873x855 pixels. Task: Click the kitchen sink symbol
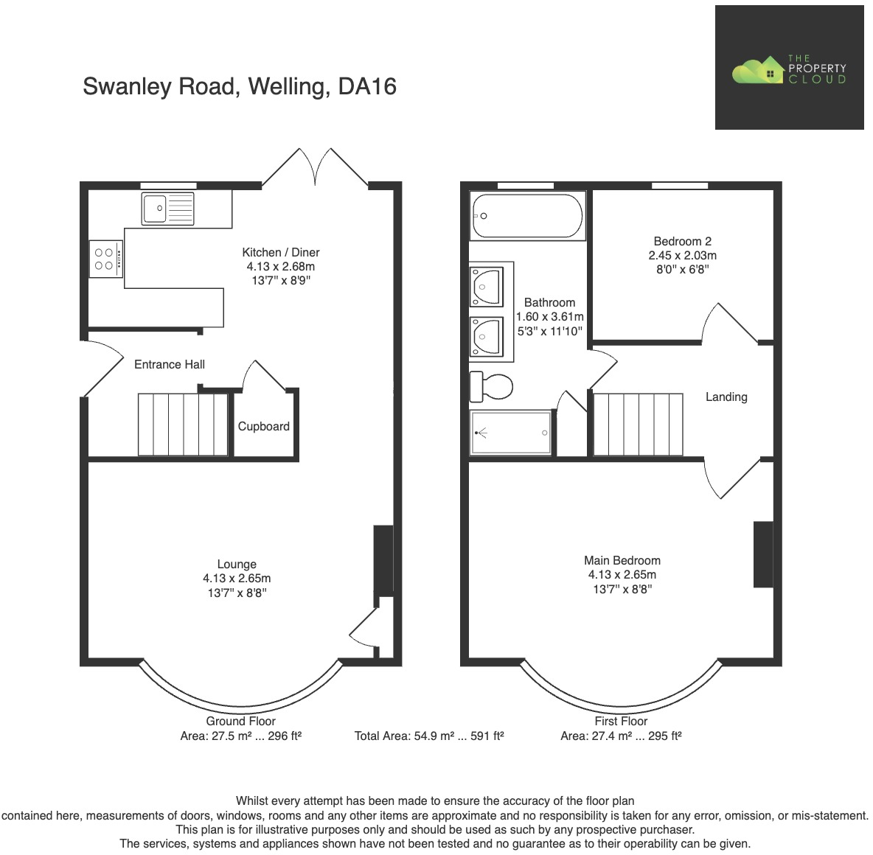(x=169, y=209)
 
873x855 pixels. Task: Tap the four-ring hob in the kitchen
(x=105, y=259)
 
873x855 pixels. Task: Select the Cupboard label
(x=263, y=426)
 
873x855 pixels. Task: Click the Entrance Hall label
(x=170, y=364)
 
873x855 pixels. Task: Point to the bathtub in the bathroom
(x=527, y=216)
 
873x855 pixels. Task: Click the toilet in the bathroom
(x=492, y=385)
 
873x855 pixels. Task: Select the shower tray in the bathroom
(x=511, y=433)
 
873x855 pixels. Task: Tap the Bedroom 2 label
(x=682, y=241)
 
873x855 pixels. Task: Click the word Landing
(x=726, y=397)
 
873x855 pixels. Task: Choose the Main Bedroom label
(x=622, y=560)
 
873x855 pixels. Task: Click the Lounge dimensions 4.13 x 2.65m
(x=237, y=579)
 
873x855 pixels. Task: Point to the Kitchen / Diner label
(x=281, y=252)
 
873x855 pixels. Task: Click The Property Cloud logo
(x=789, y=69)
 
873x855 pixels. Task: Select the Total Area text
(x=429, y=736)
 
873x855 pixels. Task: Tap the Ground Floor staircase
(x=183, y=425)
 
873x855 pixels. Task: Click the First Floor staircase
(x=638, y=425)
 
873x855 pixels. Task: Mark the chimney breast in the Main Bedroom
(x=762, y=554)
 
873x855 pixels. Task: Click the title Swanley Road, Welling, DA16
(x=240, y=86)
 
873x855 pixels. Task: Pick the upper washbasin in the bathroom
(x=486, y=286)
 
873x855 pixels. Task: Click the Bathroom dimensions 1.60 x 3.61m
(x=549, y=317)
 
